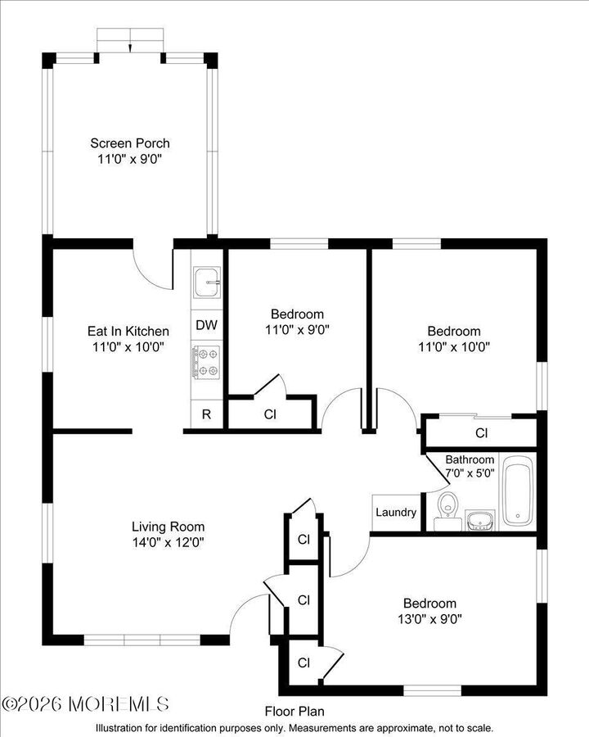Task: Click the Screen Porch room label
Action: pyautogui.click(x=130, y=143)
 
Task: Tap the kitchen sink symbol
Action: pyautogui.click(x=207, y=283)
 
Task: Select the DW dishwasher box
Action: pyautogui.click(x=207, y=325)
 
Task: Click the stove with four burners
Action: pyautogui.click(x=207, y=362)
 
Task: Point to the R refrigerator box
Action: pyautogui.click(x=207, y=414)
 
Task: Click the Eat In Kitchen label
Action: pyautogui.click(x=128, y=332)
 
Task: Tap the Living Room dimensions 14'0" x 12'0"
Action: pyautogui.click(x=169, y=541)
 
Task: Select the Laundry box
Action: pyautogui.click(x=396, y=513)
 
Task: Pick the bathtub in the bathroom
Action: pyautogui.click(x=518, y=491)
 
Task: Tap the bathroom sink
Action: pyautogui.click(x=479, y=520)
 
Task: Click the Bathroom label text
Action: pyautogui.click(x=470, y=460)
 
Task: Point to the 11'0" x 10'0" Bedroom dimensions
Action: pyautogui.click(x=454, y=346)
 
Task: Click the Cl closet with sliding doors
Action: pyautogui.click(x=481, y=432)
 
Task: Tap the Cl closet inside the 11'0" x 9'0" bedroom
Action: pyautogui.click(x=270, y=414)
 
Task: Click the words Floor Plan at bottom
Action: pyautogui.click(x=294, y=712)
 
